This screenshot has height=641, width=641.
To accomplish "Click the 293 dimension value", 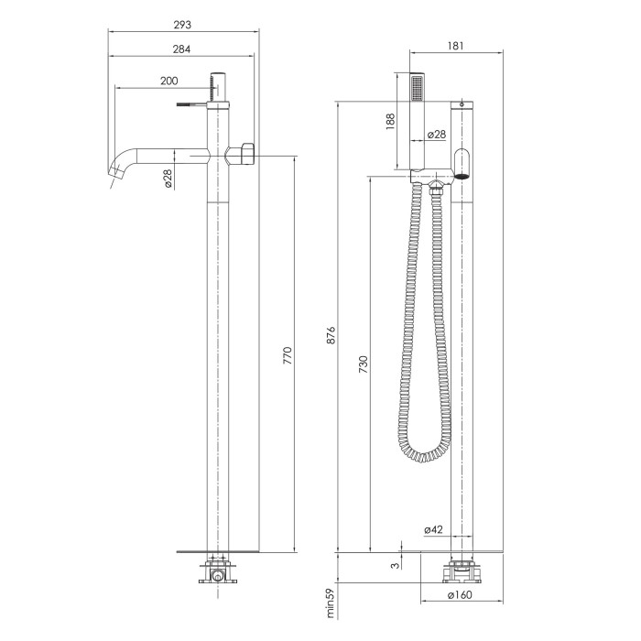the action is coord(182,25).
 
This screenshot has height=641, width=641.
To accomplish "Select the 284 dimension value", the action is coord(181,49).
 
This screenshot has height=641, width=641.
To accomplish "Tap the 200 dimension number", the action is coord(168,81).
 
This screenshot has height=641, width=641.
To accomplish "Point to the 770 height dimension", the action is coord(288,355).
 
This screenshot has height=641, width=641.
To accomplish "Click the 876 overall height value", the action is coord(331,335).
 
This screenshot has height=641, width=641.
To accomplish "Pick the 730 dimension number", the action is coord(363,364).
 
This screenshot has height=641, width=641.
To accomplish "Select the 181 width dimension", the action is coord(455,46).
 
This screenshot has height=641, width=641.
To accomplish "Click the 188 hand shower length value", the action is coord(390,122).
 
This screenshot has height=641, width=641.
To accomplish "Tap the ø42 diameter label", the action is coord(433,530).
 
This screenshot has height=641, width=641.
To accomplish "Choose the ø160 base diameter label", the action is coord(460,595).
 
